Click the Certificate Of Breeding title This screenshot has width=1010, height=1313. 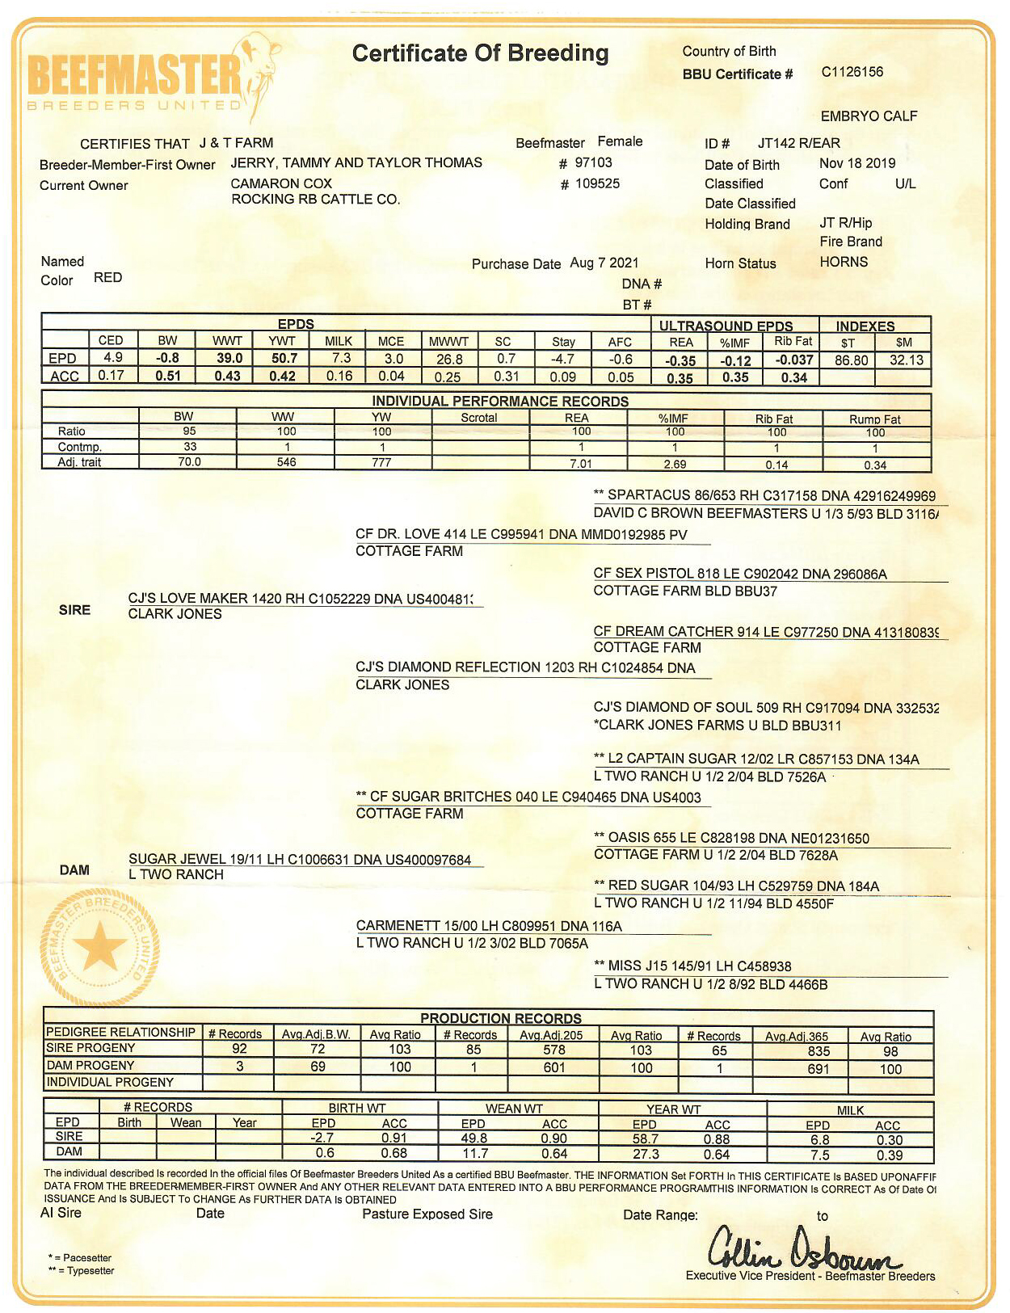pyautogui.click(x=480, y=53)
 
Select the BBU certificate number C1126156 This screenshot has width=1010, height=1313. pyautogui.click(x=852, y=72)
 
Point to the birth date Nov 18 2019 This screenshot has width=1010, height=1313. pyautogui.click(x=857, y=163)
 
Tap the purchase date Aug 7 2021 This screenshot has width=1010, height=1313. pyautogui.click(x=604, y=263)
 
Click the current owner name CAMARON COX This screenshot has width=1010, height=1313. pyautogui.click(x=281, y=183)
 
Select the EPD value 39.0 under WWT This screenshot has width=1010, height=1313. pyautogui.click(x=229, y=358)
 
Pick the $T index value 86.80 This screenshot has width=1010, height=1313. pyautogui.click(x=851, y=360)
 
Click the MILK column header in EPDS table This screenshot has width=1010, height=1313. pyautogui.click(x=339, y=341)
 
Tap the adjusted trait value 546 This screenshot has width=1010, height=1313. pyautogui.click(x=286, y=462)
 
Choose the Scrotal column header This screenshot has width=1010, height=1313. pyautogui.click(x=479, y=417)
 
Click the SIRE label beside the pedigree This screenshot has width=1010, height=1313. pyautogui.click(x=74, y=610)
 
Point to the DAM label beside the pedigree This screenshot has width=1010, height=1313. pyautogui.click(x=74, y=870)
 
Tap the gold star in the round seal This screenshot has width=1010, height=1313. pyautogui.click(x=100, y=946)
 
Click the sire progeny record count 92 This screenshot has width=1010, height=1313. pyautogui.click(x=239, y=1049)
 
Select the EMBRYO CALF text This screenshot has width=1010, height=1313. pyautogui.click(x=869, y=116)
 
